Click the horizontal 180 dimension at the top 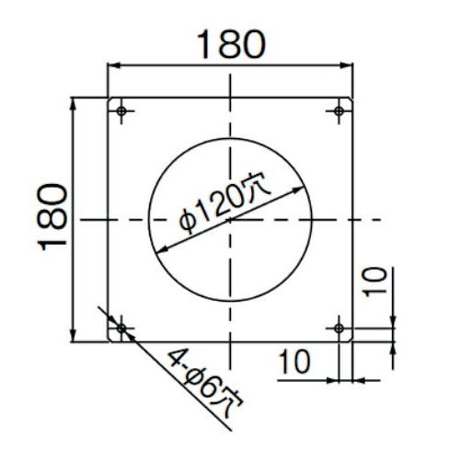[231, 44]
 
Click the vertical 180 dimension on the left [52, 217]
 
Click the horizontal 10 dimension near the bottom [294, 362]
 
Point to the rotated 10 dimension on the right [376, 282]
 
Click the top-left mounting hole [121, 110]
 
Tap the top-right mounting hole [339, 110]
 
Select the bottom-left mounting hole [121, 328]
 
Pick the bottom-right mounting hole [339, 328]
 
